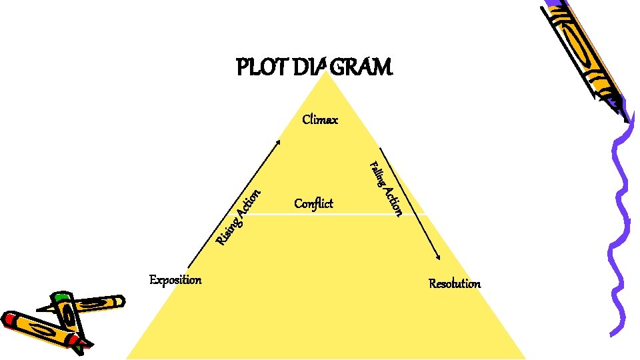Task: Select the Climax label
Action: (x=320, y=120)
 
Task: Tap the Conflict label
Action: (x=313, y=203)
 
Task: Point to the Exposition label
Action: (x=175, y=279)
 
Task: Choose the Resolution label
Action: (x=455, y=284)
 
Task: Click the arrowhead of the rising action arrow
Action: (x=278, y=142)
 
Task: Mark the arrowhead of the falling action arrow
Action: (x=438, y=257)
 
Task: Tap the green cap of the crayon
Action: (x=62, y=296)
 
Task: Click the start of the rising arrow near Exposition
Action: (x=190, y=266)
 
